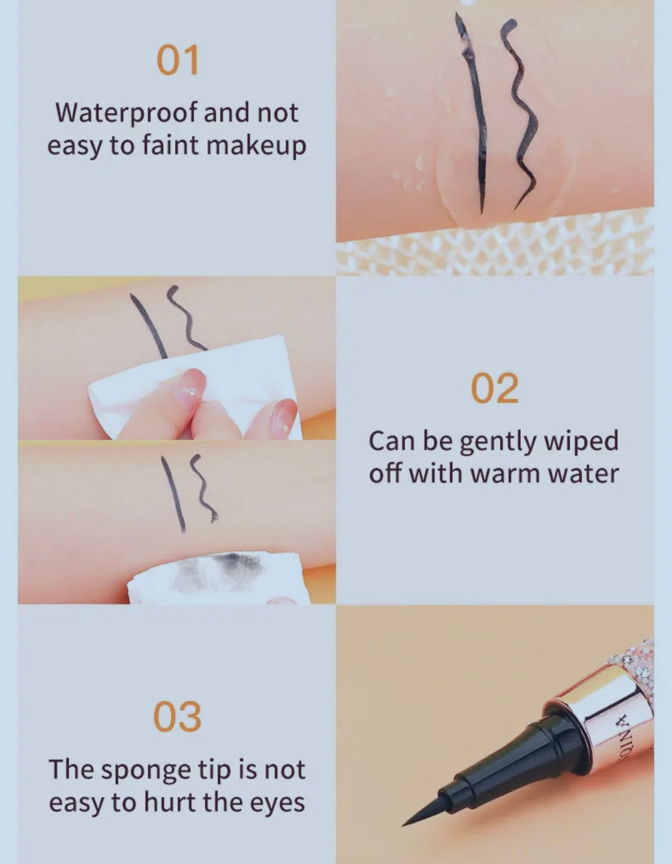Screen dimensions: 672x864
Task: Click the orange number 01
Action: click(x=178, y=60)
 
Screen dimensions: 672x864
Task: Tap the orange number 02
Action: click(x=495, y=387)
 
